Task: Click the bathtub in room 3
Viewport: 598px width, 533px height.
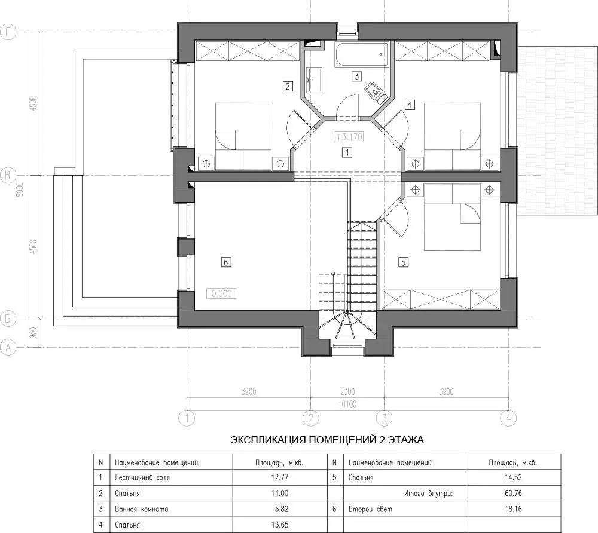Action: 362,54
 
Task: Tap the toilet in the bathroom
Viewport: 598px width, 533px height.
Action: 375,92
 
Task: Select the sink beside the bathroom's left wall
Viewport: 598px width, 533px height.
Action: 314,80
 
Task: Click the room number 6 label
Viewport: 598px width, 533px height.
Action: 226,262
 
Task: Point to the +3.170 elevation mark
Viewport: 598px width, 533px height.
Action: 348,137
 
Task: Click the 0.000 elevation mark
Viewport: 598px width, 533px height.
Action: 221,293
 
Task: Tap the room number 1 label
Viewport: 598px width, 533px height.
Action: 347,153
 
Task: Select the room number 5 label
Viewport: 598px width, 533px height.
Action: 403,262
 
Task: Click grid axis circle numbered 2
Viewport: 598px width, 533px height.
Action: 311,418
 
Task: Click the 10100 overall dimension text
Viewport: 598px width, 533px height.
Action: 347,404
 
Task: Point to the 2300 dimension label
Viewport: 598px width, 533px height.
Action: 347,391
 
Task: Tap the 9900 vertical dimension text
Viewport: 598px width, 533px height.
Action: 20,189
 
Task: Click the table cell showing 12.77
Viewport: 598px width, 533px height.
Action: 280,477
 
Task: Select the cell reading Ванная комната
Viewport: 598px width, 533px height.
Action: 142,509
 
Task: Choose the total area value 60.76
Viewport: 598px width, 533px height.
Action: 513,494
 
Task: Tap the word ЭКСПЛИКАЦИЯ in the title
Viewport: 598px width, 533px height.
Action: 268,440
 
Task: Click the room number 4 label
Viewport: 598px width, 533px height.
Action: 410,105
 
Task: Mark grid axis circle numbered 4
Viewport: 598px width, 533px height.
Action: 508,418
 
